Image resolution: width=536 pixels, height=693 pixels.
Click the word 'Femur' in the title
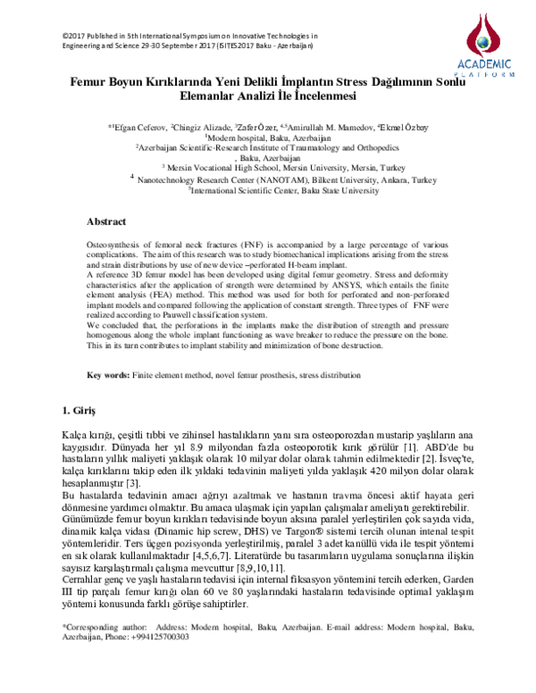click(x=89, y=80)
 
